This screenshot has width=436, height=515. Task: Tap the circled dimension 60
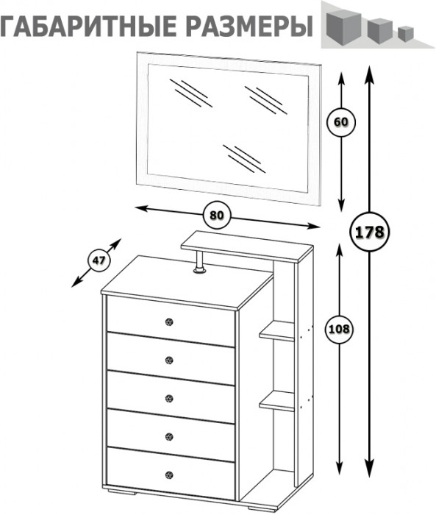pos(341,122)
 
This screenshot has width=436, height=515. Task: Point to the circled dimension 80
pos(217,215)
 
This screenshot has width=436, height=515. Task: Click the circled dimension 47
pos(99,260)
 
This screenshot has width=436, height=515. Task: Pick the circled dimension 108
pos(339,329)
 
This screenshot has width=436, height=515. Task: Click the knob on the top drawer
pos(169,322)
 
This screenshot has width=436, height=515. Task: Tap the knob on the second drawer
pos(169,360)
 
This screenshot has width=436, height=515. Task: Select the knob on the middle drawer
pos(169,399)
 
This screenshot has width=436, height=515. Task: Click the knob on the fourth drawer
pos(169,437)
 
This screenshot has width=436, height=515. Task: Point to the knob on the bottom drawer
pos(169,475)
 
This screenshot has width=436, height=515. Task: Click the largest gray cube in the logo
pos(344,27)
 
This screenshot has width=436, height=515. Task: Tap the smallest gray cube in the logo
pos(406,34)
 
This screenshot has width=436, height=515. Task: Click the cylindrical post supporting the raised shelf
pos(199,262)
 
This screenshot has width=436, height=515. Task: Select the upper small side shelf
pos(276,331)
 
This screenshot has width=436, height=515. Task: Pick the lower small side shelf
pos(276,401)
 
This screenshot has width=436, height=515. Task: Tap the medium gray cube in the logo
pos(380,31)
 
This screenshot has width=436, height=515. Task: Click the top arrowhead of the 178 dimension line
pos(369,73)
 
